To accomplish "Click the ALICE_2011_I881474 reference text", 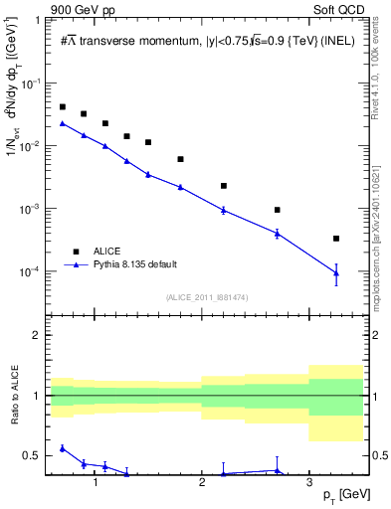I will coord(206,297).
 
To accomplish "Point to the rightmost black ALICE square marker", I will coord(336,239).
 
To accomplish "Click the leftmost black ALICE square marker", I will coord(63,106).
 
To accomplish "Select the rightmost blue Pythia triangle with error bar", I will coord(336,273).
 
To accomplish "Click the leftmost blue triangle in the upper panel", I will coord(63,123).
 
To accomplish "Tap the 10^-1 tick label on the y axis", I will coord(33,84).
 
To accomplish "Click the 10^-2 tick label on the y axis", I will coord(33,146).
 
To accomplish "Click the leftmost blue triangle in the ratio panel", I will coord(63,448).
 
